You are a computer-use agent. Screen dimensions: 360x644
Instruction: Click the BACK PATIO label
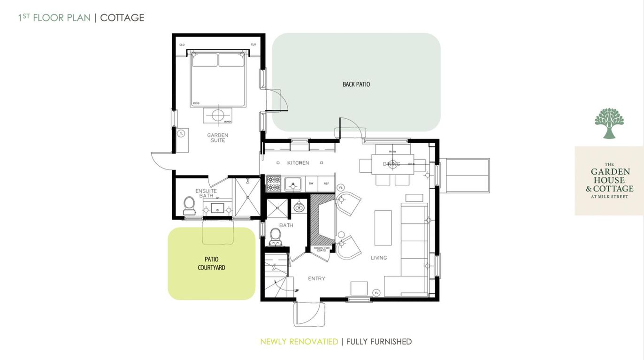click(x=356, y=84)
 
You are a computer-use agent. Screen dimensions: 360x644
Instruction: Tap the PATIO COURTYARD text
click(x=211, y=263)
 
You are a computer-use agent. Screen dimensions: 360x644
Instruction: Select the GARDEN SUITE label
click(x=218, y=138)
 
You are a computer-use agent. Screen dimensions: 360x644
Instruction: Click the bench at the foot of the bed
click(x=217, y=115)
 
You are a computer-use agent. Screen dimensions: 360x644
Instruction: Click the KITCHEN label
click(x=298, y=163)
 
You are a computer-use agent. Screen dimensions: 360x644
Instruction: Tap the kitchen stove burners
click(x=274, y=184)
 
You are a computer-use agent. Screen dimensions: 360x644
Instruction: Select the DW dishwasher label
click(x=311, y=184)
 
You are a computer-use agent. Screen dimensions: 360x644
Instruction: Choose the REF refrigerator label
click(x=326, y=184)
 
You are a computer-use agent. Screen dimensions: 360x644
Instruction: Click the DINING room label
click(x=391, y=164)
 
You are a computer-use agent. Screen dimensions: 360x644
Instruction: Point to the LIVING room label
click(x=379, y=258)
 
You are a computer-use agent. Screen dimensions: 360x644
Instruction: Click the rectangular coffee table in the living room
click(x=383, y=227)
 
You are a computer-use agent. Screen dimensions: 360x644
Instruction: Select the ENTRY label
click(x=316, y=278)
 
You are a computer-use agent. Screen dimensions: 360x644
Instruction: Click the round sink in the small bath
click(x=299, y=207)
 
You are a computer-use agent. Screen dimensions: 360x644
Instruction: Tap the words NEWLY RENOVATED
click(x=299, y=342)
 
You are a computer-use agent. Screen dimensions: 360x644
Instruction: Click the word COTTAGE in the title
click(x=122, y=18)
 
